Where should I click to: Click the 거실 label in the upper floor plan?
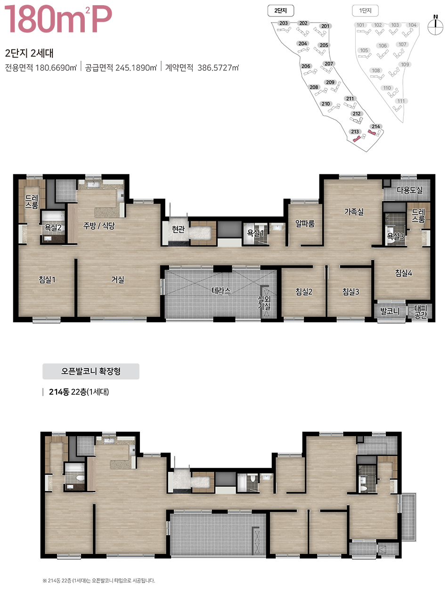118,280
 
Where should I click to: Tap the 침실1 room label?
47,280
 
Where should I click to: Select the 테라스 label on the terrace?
221,291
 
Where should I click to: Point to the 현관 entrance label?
178,230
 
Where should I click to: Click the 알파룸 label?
305,223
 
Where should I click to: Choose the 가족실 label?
354,212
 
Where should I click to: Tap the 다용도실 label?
410,190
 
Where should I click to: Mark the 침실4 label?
403,273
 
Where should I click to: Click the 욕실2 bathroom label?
53,227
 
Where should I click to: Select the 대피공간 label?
421,312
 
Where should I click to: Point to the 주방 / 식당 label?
99,226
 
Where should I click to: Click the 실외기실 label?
264,303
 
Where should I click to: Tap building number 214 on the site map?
376,126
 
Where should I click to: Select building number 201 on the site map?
325,26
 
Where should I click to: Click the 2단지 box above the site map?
281,10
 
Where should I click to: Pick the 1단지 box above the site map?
365,10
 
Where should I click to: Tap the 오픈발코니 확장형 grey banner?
91,371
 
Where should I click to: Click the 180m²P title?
58,19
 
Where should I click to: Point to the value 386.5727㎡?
218,68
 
